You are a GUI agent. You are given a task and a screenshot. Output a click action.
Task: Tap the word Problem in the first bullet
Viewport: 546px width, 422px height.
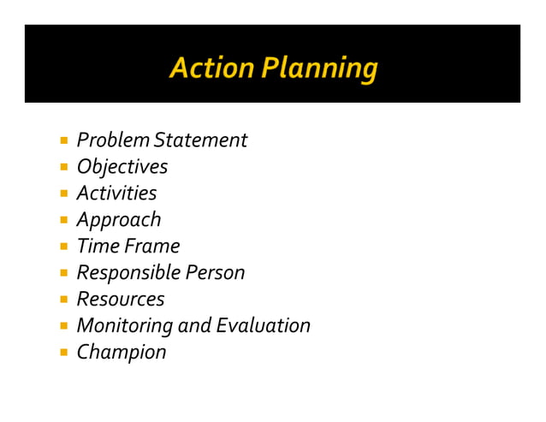pyautogui.click(x=109, y=140)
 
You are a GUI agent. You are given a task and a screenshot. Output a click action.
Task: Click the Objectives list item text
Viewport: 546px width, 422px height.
pyautogui.click(x=122, y=167)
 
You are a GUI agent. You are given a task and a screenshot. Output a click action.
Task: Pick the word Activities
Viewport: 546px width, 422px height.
pyautogui.click(x=116, y=193)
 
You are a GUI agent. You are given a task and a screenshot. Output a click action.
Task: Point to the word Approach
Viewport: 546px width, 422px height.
pyautogui.click(x=119, y=220)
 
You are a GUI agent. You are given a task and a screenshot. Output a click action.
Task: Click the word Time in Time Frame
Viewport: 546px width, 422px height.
pyautogui.click(x=97, y=247)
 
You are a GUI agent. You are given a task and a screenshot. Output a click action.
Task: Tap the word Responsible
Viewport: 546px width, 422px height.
pyautogui.click(x=128, y=273)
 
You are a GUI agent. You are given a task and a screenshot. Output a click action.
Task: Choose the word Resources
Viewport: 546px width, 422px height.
pyautogui.click(x=120, y=300)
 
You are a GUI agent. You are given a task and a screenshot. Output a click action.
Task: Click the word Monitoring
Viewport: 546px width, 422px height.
pyautogui.click(x=125, y=326)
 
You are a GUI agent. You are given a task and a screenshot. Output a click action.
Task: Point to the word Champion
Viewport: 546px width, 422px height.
pyautogui.click(x=122, y=353)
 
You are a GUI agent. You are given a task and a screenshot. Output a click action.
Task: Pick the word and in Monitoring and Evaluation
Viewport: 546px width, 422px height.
pyautogui.click(x=194, y=326)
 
